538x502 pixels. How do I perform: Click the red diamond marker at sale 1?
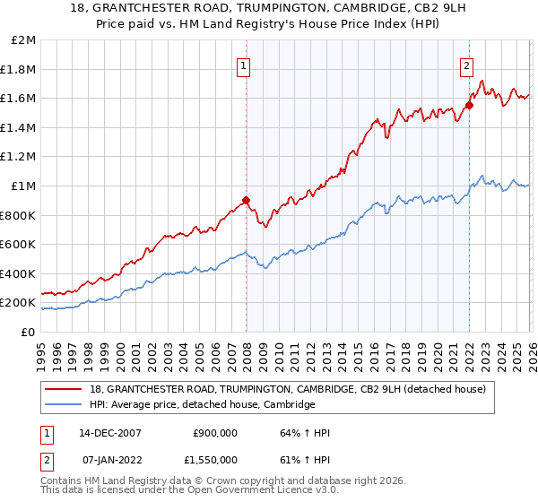point(246,201)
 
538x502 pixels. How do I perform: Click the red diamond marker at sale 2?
point(469,105)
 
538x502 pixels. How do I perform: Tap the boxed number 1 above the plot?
point(244,65)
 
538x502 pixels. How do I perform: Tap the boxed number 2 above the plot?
point(467,65)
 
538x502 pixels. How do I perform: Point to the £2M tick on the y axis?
point(24,40)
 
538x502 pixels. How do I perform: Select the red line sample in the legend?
point(64,389)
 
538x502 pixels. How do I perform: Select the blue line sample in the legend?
point(64,405)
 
